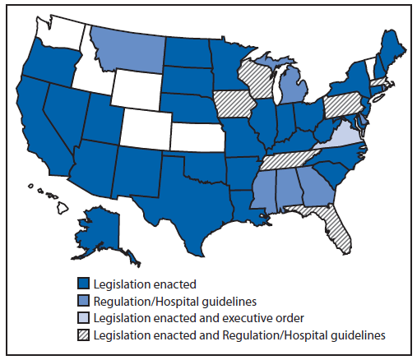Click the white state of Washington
tap(58, 29)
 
